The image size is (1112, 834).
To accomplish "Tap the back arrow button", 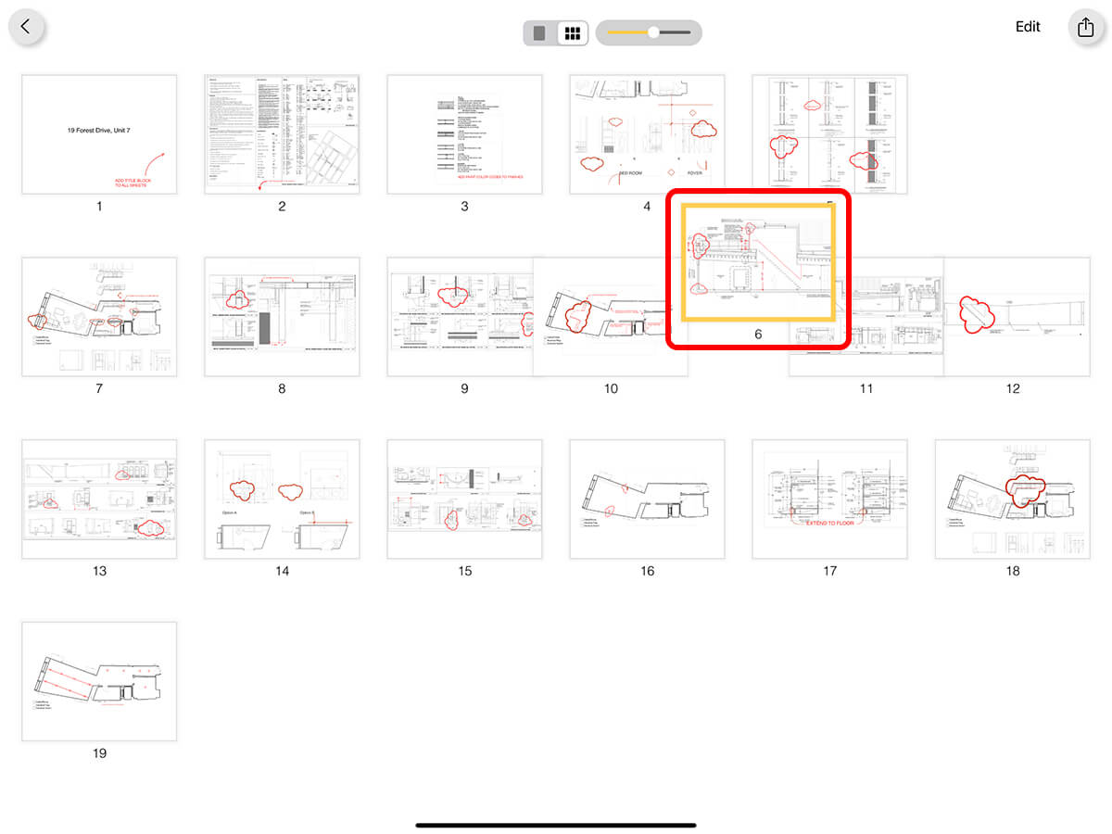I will tap(26, 27).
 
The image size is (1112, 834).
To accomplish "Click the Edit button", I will tap(1028, 27).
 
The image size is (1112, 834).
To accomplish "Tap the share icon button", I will tap(1085, 27).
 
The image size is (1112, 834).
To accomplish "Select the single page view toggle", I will tap(539, 33).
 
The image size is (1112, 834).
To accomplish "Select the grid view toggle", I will tap(573, 33).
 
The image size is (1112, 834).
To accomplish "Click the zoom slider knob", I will tap(653, 32).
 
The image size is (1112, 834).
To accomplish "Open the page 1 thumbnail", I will tap(99, 134).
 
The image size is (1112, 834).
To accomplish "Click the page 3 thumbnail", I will tap(464, 134).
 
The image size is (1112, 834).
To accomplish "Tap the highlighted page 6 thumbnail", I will tap(759, 262).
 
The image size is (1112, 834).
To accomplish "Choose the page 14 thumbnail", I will tap(282, 499).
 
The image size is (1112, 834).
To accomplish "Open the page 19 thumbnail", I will tap(99, 681).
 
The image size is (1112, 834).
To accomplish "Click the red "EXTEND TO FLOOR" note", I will tap(829, 524).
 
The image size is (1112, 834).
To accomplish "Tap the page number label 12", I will tap(1012, 389).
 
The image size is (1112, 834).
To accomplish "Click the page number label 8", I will tap(282, 389).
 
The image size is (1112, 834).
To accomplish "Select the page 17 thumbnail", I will tap(829, 499).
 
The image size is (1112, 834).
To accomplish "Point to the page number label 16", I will tap(647, 571).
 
